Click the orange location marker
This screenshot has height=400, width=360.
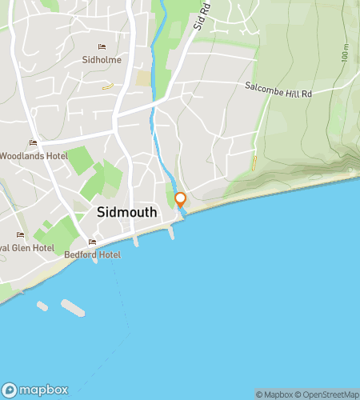pos(180,199)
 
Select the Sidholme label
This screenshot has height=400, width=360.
pos(101,59)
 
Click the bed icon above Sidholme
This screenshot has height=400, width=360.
pos(101,47)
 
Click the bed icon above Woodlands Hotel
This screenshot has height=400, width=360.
pos(33,143)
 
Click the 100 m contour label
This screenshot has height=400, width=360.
pos(345,54)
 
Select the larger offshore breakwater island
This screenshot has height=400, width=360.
pos(73,307)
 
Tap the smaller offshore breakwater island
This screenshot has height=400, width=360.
pos(42,306)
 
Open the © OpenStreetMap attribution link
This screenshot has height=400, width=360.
pos(328,394)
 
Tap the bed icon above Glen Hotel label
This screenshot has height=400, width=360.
pos(20,235)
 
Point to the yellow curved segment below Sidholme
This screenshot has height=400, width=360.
pos(109,86)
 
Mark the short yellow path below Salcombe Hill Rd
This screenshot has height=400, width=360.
pos(254,162)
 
